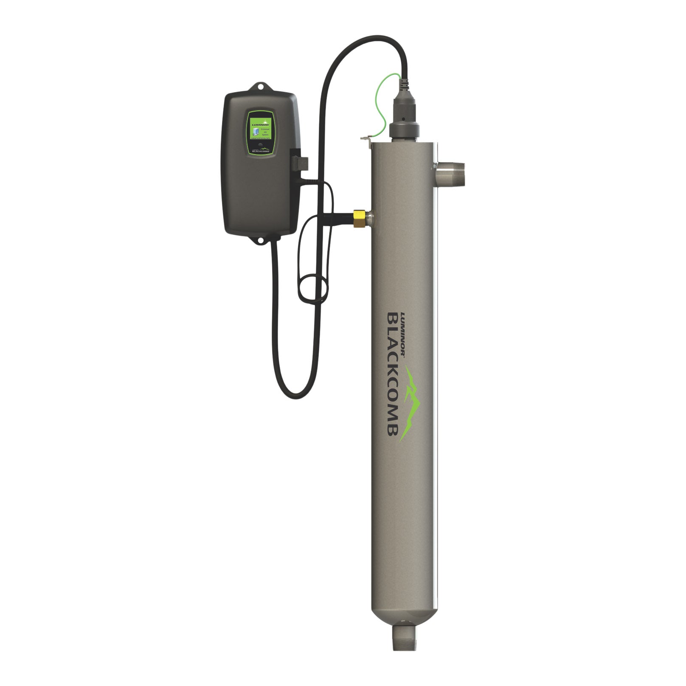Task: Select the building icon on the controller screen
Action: (x=253, y=127)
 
